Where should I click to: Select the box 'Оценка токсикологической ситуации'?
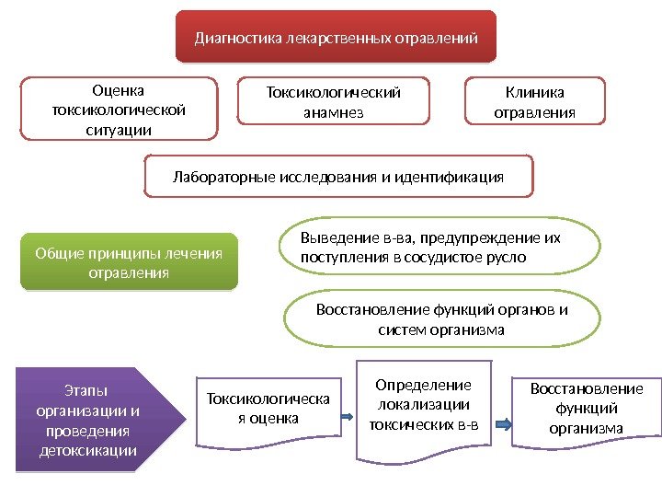(x=120, y=109)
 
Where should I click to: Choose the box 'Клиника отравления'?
(x=535, y=101)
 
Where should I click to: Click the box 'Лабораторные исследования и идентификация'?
(x=338, y=176)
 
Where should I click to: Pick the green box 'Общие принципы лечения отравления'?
(x=129, y=263)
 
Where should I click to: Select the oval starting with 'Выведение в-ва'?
(x=439, y=247)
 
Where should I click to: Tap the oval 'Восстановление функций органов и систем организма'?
(x=441, y=318)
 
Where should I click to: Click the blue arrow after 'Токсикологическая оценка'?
(x=348, y=417)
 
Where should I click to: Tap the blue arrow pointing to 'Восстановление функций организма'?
(x=505, y=424)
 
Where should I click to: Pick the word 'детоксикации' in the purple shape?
(x=88, y=450)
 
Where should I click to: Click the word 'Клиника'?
(x=535, y=91)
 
